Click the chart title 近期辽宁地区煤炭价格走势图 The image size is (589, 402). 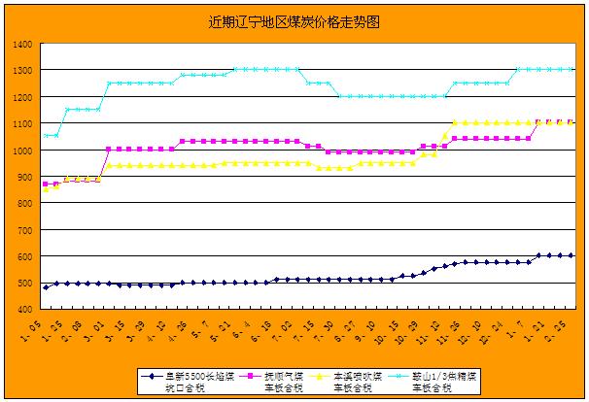coord(294,20)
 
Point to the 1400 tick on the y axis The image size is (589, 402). coord(21,45)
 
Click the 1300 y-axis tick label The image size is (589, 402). coord(21,71)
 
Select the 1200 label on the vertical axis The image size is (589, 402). coord(21,97)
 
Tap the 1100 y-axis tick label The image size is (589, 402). coord(21,123)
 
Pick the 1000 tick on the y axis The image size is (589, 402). coord(21,151)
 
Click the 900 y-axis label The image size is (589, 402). coord(24,177)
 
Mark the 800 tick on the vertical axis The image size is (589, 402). coord(24,203)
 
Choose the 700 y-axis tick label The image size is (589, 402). coord(24,229)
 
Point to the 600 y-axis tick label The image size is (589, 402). coord(24,256)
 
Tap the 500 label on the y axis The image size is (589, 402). coord(24,283)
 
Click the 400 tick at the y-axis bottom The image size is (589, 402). coord(24,309)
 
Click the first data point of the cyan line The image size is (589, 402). coord(46,136)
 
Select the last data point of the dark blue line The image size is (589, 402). coord(572,255)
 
